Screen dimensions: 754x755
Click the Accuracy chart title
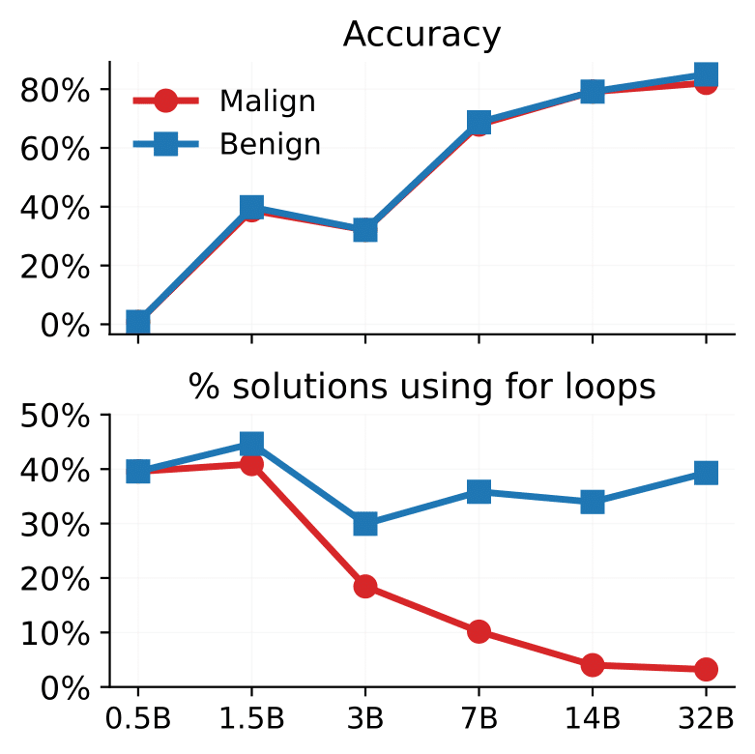point(421,35)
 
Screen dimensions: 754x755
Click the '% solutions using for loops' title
point(421,387)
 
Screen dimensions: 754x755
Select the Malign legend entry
point(267,101)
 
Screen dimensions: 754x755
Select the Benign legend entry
point(270,145)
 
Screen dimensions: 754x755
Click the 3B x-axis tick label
point(364,720)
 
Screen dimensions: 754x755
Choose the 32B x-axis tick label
point(705,720)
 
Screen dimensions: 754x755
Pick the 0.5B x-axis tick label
point(138,720)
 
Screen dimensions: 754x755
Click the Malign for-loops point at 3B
point(364,587)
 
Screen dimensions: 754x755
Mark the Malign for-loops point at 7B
point(479,631)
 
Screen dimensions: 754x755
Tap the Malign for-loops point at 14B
point(592,665)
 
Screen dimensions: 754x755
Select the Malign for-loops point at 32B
point(706,669)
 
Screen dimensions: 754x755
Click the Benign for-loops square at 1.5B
point(251,445)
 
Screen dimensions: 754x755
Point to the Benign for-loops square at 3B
point(364,524)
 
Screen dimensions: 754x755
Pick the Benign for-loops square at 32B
point(706,473)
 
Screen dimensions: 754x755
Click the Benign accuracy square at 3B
point(364,230)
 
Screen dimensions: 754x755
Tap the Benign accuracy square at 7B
point(479,123)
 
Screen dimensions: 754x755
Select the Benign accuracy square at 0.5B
point(138,322)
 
